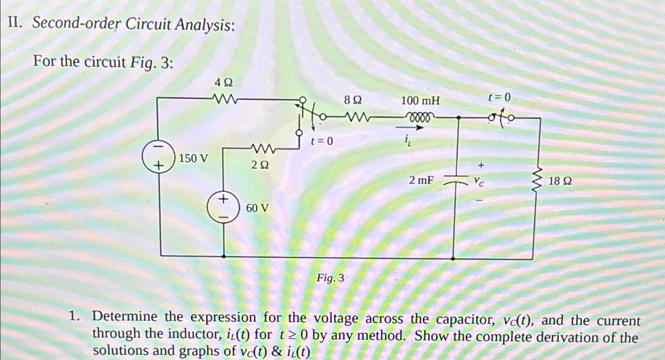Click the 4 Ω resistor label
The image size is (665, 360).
[x=224, y=83]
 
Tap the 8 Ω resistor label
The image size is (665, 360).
[x=353, y=100]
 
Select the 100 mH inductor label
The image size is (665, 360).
[x=420, y=100]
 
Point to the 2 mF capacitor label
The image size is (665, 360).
[x=421, y=180]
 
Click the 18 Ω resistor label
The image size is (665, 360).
[x=560, y=181]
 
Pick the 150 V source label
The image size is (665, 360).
[x=193, y=158]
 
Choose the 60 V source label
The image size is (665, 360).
[x=257, y=208]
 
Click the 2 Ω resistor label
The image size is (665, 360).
[x=260, y=165]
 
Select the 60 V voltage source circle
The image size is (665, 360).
[x=223, y=208]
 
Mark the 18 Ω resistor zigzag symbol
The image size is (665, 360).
[x=538, y=180]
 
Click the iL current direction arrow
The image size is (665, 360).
[x=409, y=128]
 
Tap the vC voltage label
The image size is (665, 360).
[x=479, y=182]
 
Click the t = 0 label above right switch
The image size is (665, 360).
[x=499, y=97]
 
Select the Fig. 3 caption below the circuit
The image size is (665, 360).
[x=330, y=278]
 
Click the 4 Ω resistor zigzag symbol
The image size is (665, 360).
[x=225, y=98]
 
